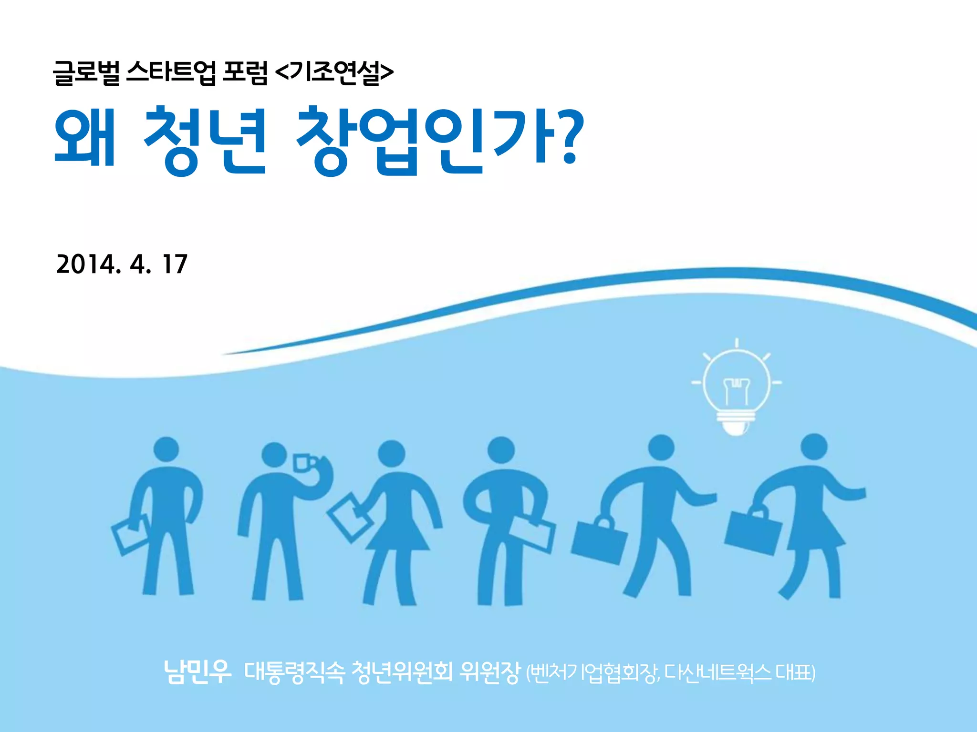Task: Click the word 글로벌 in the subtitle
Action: pos(86,73)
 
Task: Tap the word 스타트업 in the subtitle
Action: pos(171,73)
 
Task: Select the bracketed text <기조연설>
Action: pos(334,73)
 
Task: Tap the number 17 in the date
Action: pos(175,264)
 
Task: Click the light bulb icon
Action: pos(737,388)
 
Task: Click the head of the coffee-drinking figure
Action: pos(274,456)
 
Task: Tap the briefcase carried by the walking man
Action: pos(599,541)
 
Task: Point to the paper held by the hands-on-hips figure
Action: pos(530,533)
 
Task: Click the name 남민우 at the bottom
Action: pos(197,671)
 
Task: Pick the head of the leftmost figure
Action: pos(166,450)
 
